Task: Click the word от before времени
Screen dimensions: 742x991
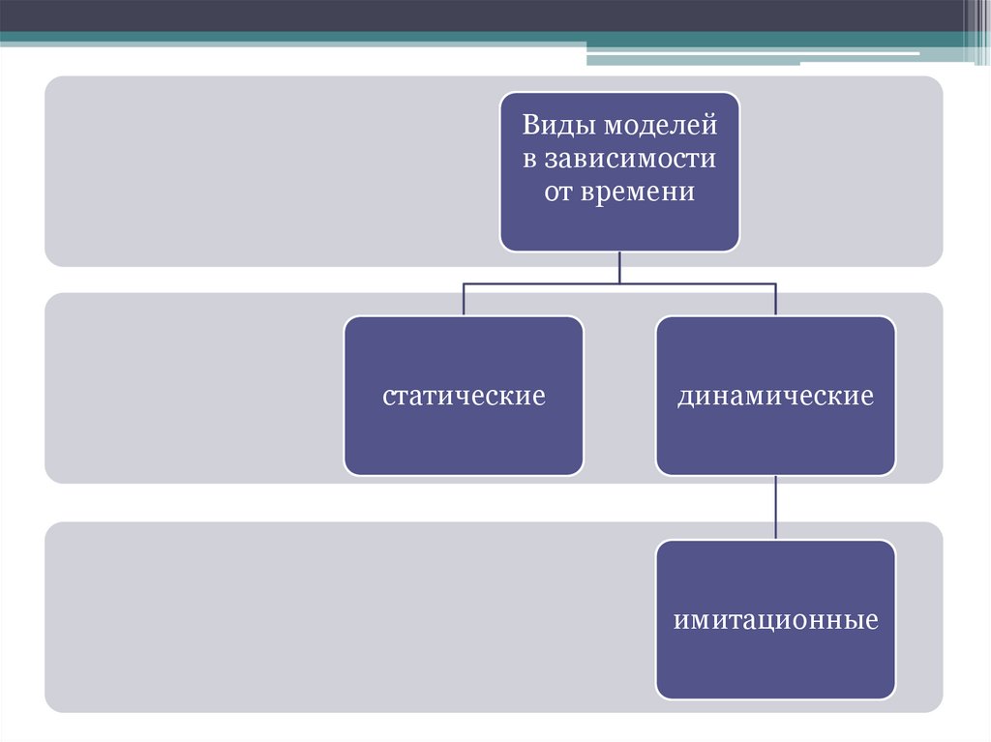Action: tap(560, 192)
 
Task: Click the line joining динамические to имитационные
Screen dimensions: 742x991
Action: tap(776, 507)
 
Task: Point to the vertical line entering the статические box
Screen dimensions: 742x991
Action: tap(464, 300)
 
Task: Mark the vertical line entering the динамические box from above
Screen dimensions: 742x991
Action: tap(776, 300)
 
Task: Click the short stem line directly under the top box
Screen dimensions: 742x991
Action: tap(619, 267)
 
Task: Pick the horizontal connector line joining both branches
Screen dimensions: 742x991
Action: tap(542, 283)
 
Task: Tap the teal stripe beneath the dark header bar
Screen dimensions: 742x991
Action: tap(290, 39)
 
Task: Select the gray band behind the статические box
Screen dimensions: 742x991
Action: tap(194, 387)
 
